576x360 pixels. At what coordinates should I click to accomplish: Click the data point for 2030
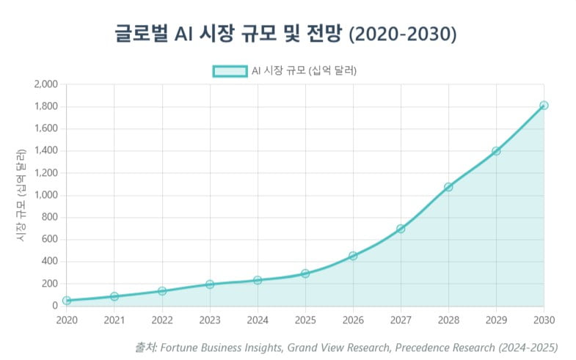tap(544, 106)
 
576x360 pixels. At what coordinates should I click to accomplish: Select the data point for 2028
tap(448, 187)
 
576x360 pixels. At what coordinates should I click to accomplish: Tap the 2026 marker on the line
tap(353, 256)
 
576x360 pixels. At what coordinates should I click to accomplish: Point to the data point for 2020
tap(67, 301)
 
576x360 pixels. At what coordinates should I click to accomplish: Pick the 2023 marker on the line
tap(210, 284)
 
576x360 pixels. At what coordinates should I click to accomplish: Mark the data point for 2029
tap(496, 151)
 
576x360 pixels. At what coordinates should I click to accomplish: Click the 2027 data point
tap(401, 229)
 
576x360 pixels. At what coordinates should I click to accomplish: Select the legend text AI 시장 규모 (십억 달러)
tap(307, 70)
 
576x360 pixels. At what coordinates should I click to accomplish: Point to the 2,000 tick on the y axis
tap(45, 84)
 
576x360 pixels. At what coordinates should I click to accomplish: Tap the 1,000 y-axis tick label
tap(45, 195)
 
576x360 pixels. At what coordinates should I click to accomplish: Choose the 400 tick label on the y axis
tap(50, 262)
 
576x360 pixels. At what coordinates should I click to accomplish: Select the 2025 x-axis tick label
tap(305, 320)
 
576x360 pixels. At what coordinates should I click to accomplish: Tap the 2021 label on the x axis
tap(114, 320)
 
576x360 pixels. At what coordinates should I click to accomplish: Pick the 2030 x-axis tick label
tap(544, 320)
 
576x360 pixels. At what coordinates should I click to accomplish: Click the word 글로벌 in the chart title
tap(141, 34)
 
